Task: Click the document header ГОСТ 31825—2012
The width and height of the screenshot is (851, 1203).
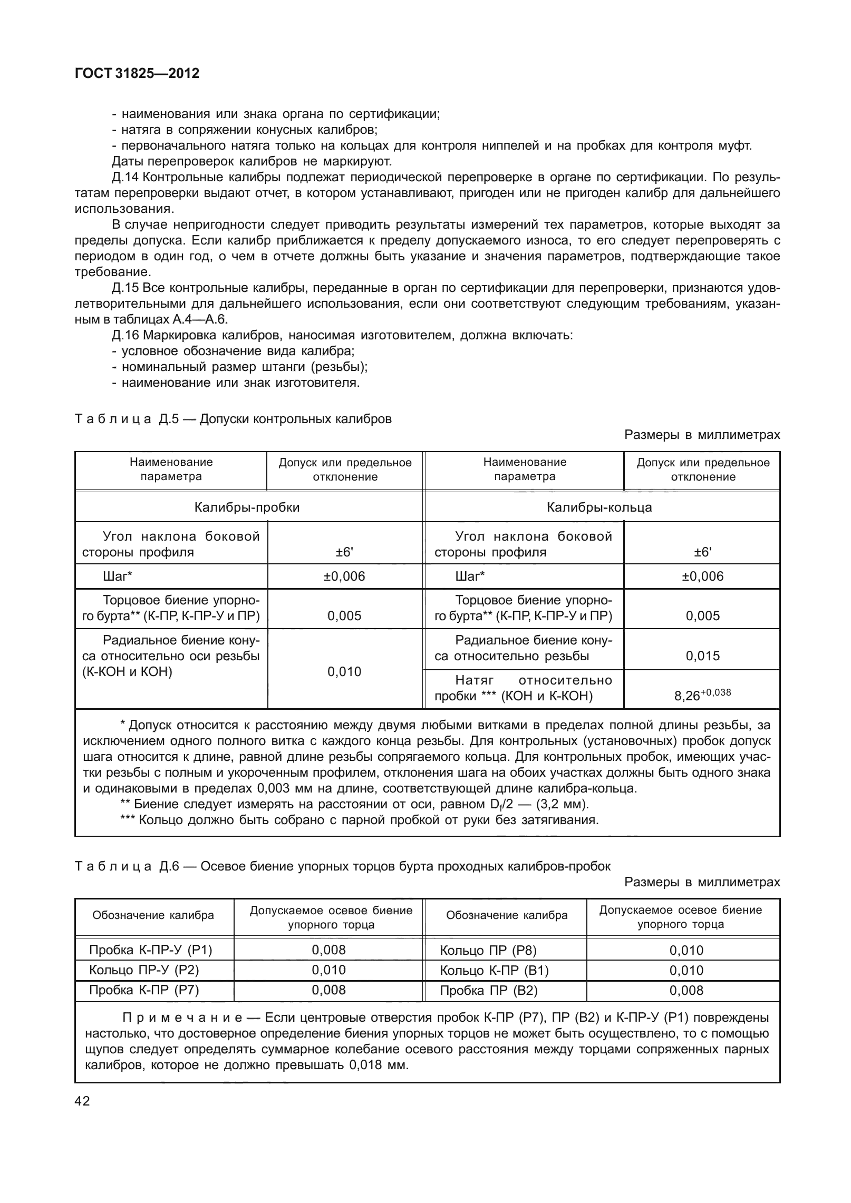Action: coord(137,74)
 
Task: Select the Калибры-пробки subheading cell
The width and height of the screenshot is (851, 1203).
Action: coord(247,507)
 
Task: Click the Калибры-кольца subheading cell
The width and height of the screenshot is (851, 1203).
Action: coord(599,507)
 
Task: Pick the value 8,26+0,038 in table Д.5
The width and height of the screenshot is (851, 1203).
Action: coord(702,695)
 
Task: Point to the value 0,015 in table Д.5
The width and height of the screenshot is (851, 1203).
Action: coord(702,656)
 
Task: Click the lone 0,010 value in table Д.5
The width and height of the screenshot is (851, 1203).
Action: coord(344,672)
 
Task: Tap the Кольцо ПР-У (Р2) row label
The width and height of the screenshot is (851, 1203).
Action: coord(144,970)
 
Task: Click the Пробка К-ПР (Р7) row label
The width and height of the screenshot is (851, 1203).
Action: coord(144,990)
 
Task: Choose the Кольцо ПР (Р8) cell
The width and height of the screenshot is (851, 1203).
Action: coord(488,951)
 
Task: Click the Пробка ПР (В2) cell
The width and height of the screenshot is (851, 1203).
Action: coord(488,991)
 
